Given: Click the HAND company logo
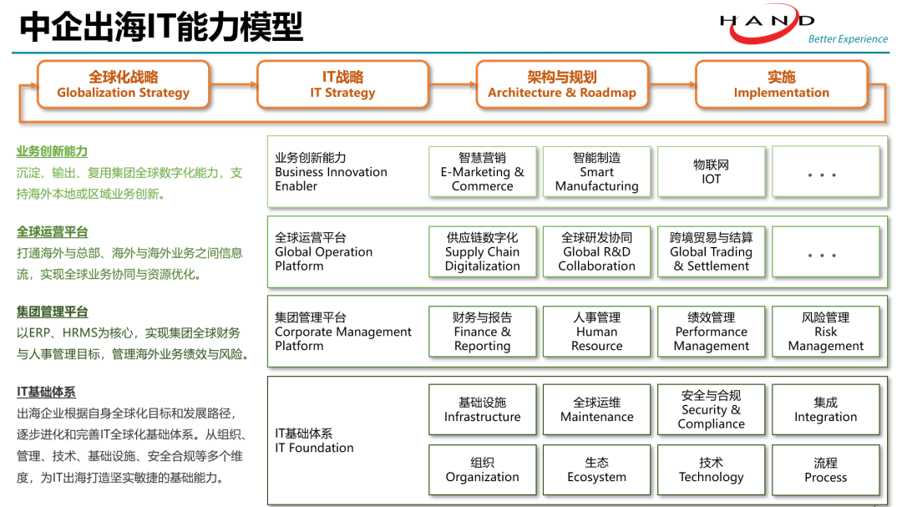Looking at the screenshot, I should [x=767, y=23].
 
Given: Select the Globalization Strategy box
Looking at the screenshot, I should [x=123, y=84].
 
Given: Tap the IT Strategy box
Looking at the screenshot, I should [x=342, y=84].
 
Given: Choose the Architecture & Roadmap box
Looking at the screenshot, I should [x=561, y=84].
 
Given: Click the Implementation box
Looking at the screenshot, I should [x=781, y=84].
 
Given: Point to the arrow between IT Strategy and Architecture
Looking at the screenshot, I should [x=452, y=84].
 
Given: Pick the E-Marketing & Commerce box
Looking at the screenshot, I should [x=482, y=172].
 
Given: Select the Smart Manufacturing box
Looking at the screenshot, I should [x=596, y=172].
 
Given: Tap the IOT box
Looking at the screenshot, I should [x=711, y=172].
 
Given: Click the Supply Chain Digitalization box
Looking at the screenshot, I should [x=482, y=251].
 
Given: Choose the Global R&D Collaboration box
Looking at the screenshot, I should [x=596, y=251].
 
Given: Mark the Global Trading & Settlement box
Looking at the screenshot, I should [x=711, y=251].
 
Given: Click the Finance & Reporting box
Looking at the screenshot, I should [x=482, y=332].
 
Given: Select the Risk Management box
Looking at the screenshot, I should [x=825, y=332].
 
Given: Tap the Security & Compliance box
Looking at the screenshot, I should [x=711, y=410].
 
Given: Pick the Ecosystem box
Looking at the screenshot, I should [x=596, y=469].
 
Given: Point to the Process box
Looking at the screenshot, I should [x=825, y=469].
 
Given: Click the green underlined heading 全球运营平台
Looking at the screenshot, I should [x=52, y=232].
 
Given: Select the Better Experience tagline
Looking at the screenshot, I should [x=847, y=39].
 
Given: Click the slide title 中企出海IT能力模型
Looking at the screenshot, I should [x=161, y=27].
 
